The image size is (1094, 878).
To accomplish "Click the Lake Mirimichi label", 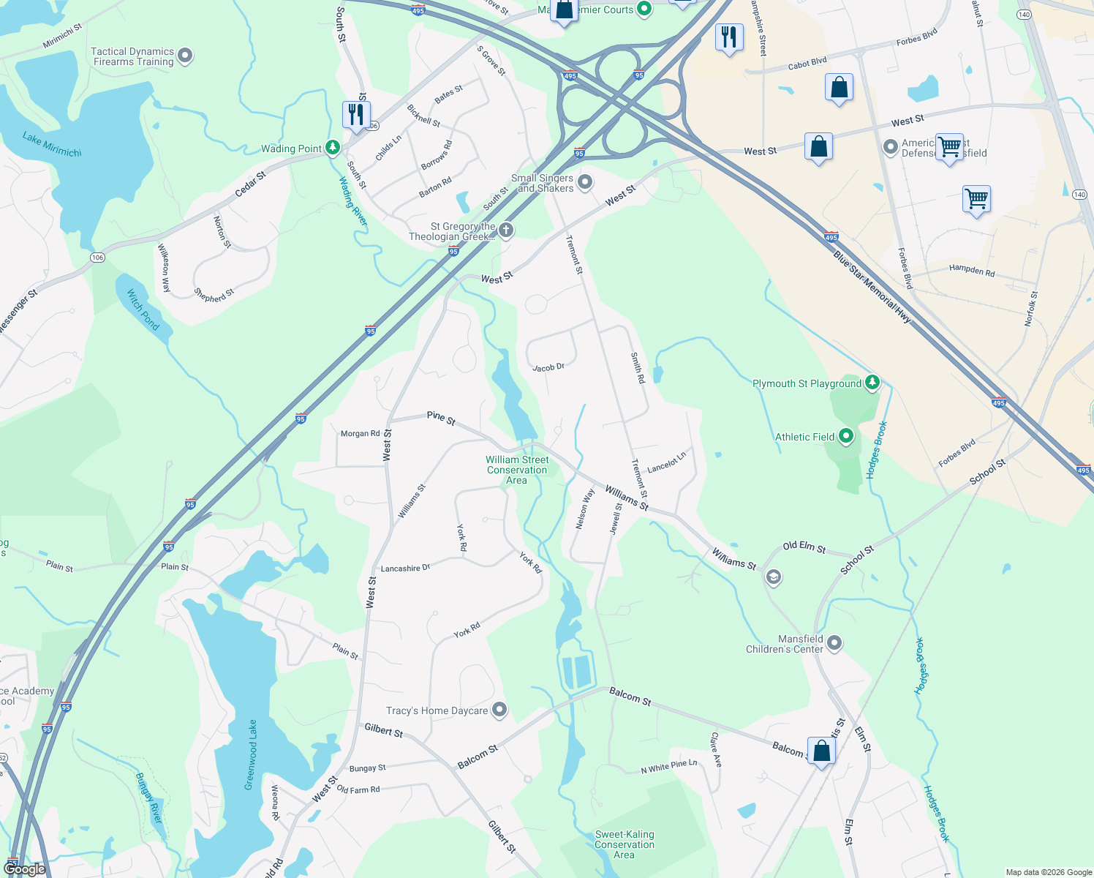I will pyautogui.click(x=52, y=144).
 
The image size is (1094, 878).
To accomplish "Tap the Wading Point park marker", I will pyautogui.click(x=333, y=148).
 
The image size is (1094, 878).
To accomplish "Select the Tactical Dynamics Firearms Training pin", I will pyautogui.click(x=185, y=56).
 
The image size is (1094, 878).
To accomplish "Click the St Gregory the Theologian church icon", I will pyautogui.click(x=505, y=230).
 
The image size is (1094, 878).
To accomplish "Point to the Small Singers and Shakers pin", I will pyautogui.click(x=585, y=182).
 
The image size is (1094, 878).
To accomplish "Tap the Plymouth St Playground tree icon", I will pyautogui.click(x=872, y=382).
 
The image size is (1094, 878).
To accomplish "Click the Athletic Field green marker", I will pyautogui.click(x=846, y=437).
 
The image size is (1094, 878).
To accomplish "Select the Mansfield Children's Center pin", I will pyautogui.click(x=834, y=643).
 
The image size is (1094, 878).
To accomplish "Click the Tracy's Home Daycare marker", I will pyautogui.click(x=499, y=709).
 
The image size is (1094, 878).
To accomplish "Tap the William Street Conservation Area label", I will pyautogui.click(x=517, y=470).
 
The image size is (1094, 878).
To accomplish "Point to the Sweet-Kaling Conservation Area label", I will pyautogui.click(x=625, y=844).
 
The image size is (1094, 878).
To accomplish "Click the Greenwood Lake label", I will pyautogui.click(x=251, y=754).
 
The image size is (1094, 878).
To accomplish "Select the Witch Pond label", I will pyautogui.click(x=143, y=309).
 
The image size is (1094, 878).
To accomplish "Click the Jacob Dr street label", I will pyautogui.click(x=548, y=367).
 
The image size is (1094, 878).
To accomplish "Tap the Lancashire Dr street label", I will pyautogui.click(x=405, y=568).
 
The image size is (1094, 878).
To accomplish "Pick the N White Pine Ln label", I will pyautogui.click(x=669, y=767).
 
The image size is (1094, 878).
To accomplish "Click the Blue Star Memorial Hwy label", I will pyautogui.click(x=872, y=287).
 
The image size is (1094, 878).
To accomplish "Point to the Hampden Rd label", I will pyautogui.click(x=972, y=270).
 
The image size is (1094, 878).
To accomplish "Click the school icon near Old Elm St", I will pyautogui.click(x=773, y=577).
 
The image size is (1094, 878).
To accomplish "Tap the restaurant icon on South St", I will pyautogui.click(x=356, y=115).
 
